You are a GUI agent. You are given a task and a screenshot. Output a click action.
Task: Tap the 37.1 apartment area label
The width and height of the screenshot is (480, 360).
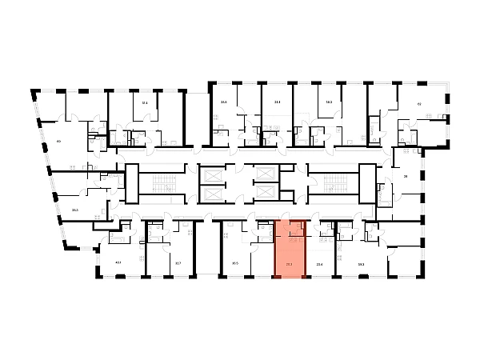[x=145, y=103]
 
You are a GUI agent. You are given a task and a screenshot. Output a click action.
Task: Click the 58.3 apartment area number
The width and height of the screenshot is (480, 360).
[x=329, y=102]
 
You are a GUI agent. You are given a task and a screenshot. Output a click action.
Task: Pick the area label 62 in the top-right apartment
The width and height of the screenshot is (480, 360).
[x=418, y=104]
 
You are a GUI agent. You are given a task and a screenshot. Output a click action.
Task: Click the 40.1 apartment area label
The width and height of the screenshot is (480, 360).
[x=118, y=262]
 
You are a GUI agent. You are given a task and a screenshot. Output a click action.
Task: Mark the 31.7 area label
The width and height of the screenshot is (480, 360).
[x=178, y=262]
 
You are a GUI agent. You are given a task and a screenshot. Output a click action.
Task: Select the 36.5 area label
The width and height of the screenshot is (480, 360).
[x=235, y=262]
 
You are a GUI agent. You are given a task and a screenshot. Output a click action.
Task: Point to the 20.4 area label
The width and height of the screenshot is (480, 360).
[x=320, y=262]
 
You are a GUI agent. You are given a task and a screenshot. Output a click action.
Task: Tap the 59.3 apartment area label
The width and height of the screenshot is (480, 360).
[x=361, y=262]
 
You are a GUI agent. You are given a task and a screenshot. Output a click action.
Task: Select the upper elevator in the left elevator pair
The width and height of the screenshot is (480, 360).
[x=210, y=174]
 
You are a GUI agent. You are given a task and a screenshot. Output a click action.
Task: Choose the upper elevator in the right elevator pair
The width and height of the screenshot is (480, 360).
[x=263, y=174]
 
